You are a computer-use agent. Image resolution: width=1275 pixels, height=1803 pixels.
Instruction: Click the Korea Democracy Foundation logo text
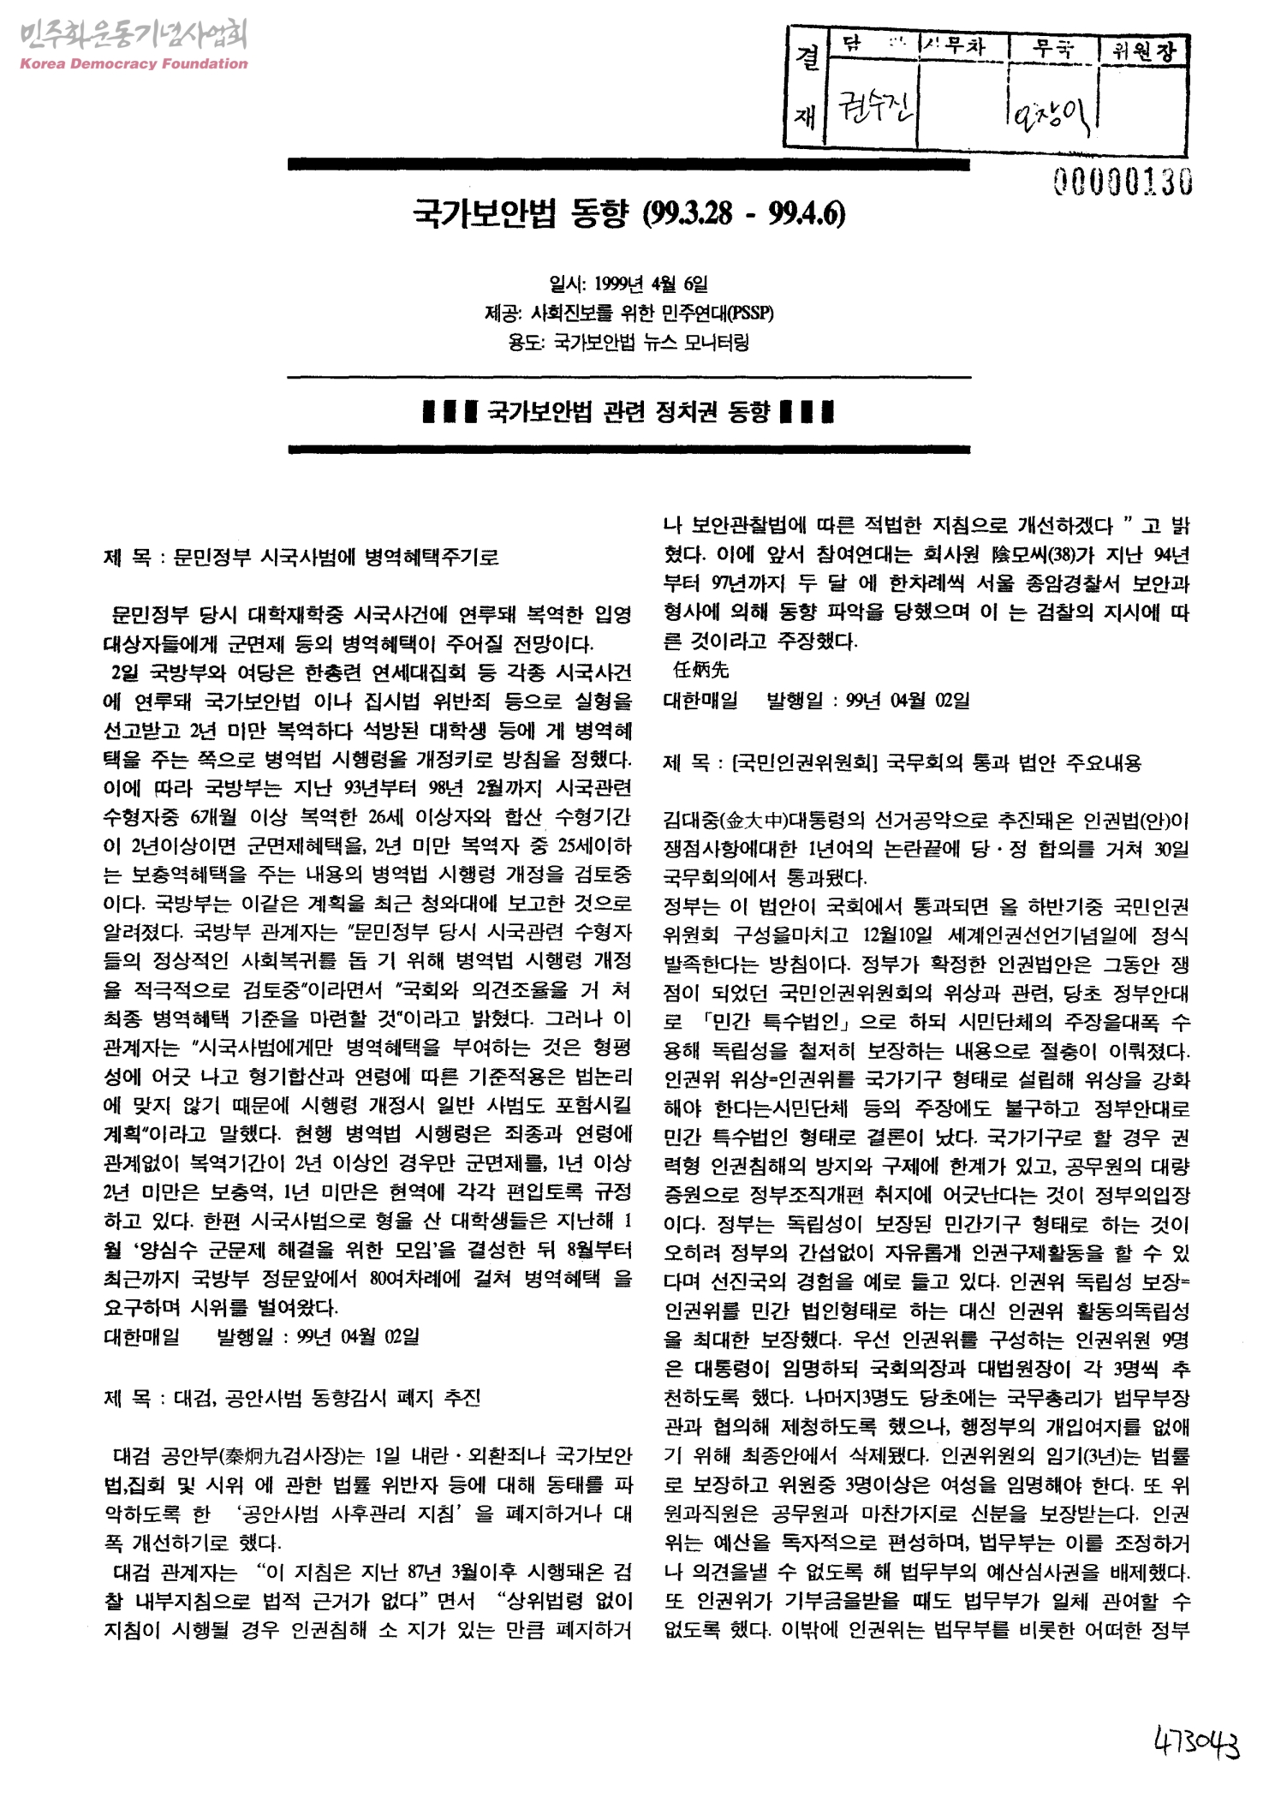(133, 63)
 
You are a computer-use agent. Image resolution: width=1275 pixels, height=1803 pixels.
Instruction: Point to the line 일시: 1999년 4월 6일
(629, 283)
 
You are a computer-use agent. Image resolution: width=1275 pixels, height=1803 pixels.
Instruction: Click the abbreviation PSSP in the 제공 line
(754, 313)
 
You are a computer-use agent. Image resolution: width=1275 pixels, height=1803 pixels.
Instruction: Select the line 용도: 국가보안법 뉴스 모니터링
(629, 343)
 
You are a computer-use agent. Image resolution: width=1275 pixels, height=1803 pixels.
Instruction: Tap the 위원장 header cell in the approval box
(1143, 51)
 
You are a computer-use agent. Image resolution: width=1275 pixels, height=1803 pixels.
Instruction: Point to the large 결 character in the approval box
(805, 58)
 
